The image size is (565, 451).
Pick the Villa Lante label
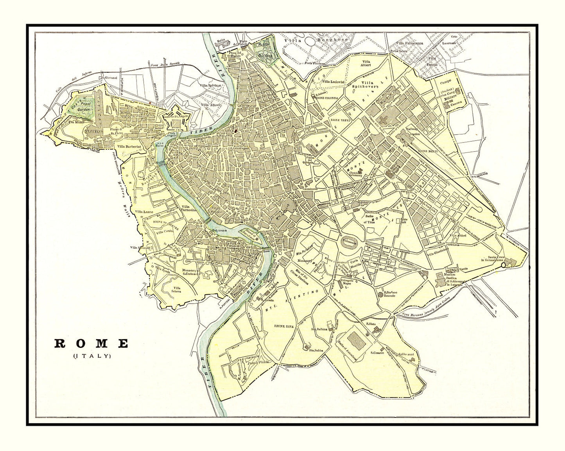[x=144, y=211]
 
